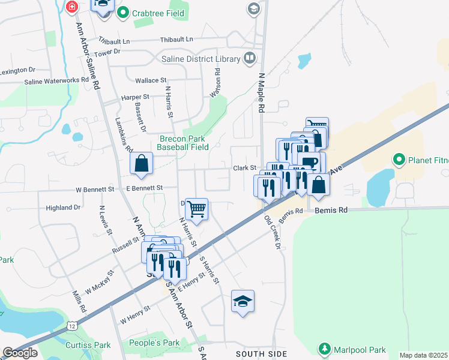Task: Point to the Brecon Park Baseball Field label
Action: coord(184,143)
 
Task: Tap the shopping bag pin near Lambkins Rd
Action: coord(141,163)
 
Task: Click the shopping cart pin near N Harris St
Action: coord(196,209)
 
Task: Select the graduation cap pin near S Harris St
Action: coord(243,301)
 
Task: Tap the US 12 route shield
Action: coord(71,325)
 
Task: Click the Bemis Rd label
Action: coord(334,211)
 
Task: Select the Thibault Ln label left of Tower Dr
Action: coord(114,41)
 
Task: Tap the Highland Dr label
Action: coord(63,208)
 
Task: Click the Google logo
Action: coord(20,353)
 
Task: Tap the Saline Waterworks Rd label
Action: coord(56,81)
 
